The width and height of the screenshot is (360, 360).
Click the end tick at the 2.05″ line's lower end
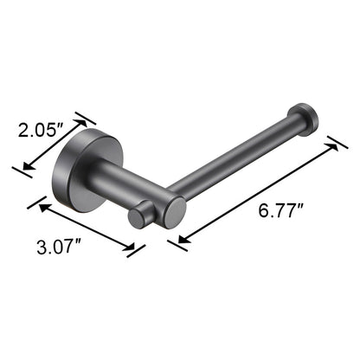[21, 170]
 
